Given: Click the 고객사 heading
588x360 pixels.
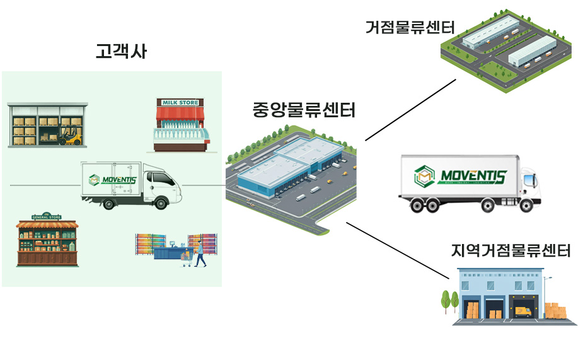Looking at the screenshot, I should [x=121, y=51].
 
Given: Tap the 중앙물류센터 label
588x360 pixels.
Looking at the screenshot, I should [x=304, y=110].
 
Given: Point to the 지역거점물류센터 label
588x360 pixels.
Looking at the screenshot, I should [x=510, y=250].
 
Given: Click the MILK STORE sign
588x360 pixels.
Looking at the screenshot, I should [x=180, y=103].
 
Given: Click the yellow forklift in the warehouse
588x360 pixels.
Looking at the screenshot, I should [x=70, y=136].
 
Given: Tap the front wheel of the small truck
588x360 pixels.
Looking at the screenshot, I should [x=161, y=202].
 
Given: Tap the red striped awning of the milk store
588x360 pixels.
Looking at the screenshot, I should [x=180, y=114].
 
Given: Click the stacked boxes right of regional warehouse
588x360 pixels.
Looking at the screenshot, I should [x=555, y=311].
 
